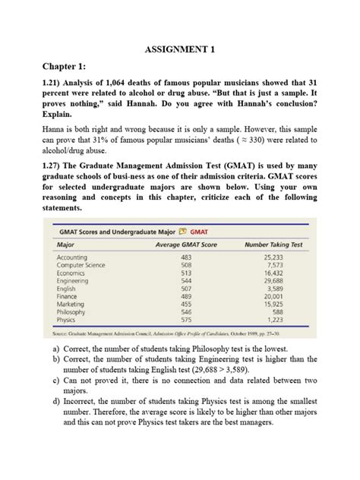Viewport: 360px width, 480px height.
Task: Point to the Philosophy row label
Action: (x=72, y=311)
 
